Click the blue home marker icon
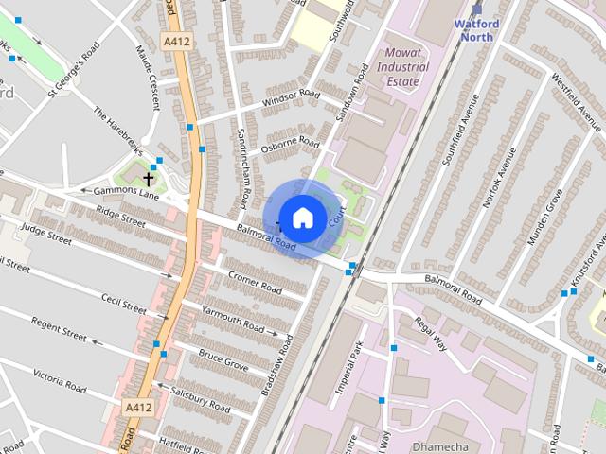tap(302, 218)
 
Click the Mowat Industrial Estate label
tap(402, 67)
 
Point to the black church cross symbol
tap(149, 178)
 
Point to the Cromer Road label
tap(255, 281)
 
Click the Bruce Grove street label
tap(223, 359)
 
